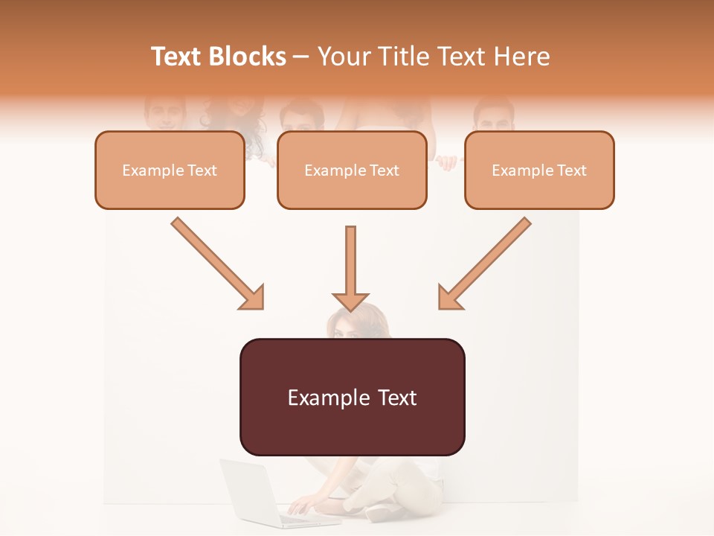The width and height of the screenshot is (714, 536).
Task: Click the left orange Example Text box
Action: pos(170,170)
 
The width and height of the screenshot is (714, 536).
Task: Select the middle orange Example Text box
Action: pos(352,170)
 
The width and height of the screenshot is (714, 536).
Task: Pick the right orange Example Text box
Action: pos(539,170)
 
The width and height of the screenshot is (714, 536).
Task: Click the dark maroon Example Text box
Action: pos(352,398)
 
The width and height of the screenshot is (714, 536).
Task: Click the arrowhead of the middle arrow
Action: pos(351,301)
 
